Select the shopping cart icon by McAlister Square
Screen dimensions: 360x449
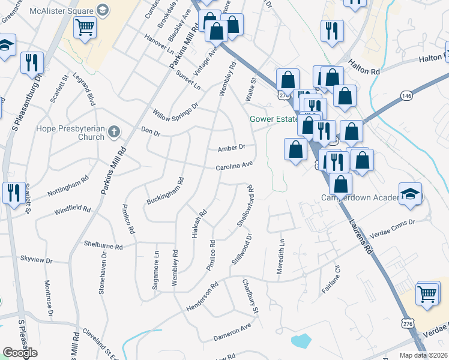tap(85, 27)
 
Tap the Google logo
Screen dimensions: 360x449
tap(20, 353)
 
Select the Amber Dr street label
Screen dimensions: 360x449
tap(232, 148)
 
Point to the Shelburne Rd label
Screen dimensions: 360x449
tap(103, 246)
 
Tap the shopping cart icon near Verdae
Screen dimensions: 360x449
tap(427, 293)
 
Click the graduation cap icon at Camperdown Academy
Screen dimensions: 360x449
tap(411, 193)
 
